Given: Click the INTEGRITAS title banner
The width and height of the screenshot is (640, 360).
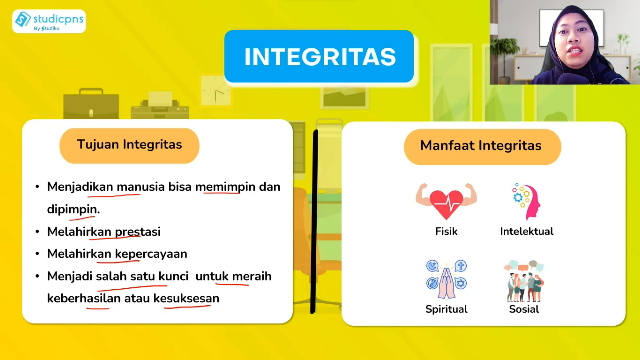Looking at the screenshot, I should point(319,56).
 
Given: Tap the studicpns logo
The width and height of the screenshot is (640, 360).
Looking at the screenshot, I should point(49,21).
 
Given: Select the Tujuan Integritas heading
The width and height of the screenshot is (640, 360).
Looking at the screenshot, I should point(129,145).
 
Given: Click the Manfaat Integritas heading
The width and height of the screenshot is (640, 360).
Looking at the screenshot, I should point(482,146).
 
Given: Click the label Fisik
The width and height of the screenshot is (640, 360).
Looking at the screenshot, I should point(446,231).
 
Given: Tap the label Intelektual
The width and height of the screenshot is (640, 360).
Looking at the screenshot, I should point(527,231).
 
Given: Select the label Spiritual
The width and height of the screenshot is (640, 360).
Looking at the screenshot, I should point(446,309).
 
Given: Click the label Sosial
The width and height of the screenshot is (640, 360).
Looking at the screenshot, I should point(524,309).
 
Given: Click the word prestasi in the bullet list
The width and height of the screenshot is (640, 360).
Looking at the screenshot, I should point(138,232).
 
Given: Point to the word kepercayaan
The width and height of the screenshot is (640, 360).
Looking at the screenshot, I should point(151,254).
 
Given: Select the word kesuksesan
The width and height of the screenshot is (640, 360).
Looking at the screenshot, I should point(186,298).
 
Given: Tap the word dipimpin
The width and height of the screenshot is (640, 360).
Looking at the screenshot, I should point(73,209).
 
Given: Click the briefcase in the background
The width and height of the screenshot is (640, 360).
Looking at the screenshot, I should point(91,104).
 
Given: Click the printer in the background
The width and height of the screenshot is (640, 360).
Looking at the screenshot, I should point(160,106).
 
